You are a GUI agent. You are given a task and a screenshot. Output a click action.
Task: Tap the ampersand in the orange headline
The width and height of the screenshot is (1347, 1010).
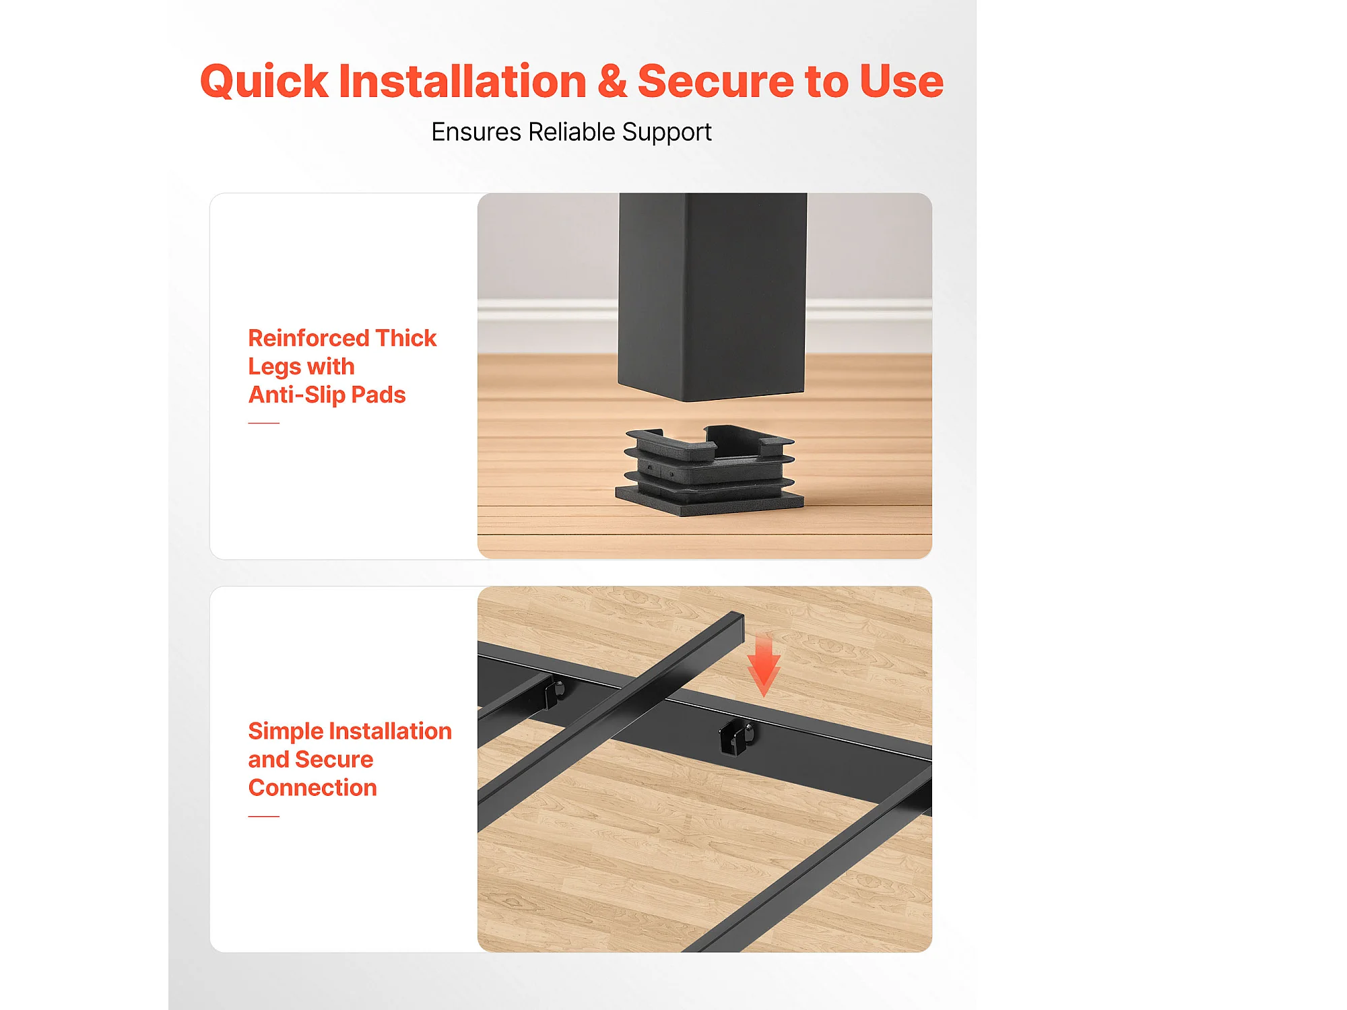[x=612, y=81]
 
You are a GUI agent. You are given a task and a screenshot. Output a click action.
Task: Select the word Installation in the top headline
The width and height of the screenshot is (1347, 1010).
[x=463, y=81]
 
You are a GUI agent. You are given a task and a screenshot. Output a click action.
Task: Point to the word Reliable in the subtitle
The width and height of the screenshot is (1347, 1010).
[x=572, y=132]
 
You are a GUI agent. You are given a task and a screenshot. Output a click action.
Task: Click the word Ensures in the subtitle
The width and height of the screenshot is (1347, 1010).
[x=475, y=132]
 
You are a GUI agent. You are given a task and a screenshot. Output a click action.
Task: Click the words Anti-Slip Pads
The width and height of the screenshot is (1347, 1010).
[x=327, y=395]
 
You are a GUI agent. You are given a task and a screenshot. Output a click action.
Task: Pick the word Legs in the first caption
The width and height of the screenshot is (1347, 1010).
[x=275, y=367]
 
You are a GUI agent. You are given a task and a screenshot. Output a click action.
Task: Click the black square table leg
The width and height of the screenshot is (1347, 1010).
[x=712, y=296]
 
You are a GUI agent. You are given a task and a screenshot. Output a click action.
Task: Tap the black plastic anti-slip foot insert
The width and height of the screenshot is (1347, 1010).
[x=709, y=470]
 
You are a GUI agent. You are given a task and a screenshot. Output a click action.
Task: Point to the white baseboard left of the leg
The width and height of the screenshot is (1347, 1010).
[x=547, y=310]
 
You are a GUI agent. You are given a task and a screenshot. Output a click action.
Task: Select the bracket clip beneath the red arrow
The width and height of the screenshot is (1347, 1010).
[x=735, y=737]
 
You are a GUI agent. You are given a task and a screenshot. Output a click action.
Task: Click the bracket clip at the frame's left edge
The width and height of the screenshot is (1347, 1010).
[x=554, y=693]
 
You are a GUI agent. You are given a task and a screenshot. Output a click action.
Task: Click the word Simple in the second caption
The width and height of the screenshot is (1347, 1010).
[x=286, y=732]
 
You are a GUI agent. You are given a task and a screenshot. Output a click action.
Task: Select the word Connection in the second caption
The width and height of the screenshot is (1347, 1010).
[x=313, y=788]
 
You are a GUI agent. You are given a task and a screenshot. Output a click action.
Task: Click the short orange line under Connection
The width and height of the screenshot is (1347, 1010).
[x=263, y=816]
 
